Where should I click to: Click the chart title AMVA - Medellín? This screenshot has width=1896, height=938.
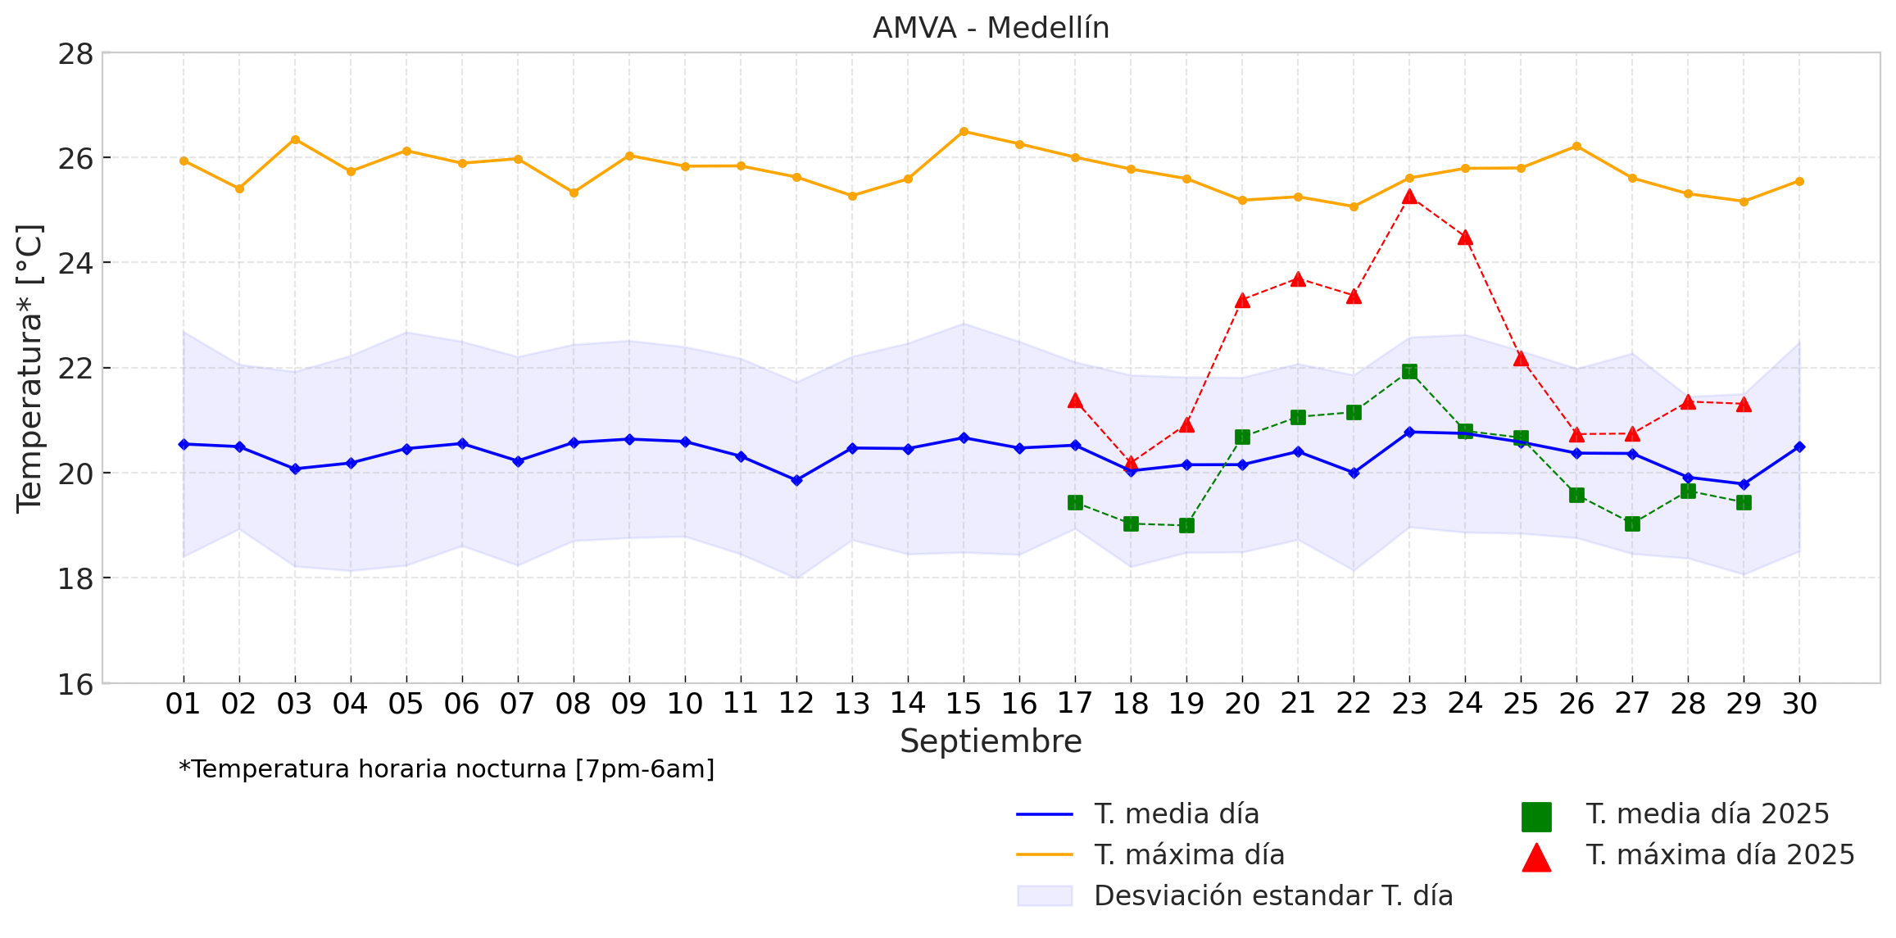point(991,28)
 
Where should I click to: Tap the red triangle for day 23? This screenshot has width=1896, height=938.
point(1409,197)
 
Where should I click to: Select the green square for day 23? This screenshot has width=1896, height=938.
point(1409,372)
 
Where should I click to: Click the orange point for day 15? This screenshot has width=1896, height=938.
point(964,131)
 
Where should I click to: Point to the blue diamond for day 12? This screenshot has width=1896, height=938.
point(796,480)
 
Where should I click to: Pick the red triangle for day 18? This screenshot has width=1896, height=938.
point(1131,463)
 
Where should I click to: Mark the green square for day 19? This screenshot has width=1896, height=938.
point(1186,525)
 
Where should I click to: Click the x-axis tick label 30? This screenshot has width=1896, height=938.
point(1799,704)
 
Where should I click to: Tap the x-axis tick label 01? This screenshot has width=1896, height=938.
point(183,704)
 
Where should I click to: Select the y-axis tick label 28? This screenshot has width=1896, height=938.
point(75,54)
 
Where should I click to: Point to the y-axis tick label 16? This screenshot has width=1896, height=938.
point(75,684)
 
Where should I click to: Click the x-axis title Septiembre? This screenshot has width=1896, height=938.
point(991,741)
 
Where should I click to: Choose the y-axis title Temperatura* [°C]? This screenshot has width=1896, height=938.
point(29,369)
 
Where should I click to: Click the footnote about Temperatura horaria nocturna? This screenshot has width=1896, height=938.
point(447,769)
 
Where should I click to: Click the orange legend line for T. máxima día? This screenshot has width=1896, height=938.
point(1045,854)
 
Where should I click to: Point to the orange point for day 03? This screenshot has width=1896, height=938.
point(295,139)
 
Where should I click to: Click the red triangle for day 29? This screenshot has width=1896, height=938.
point(1744,404)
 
